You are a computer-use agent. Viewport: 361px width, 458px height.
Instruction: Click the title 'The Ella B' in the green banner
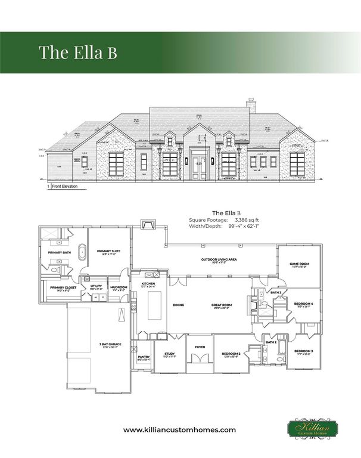[77, 52]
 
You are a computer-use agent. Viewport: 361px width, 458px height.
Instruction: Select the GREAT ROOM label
[221, 305]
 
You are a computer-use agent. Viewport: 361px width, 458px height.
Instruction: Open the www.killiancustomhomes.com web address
[180, 429]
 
